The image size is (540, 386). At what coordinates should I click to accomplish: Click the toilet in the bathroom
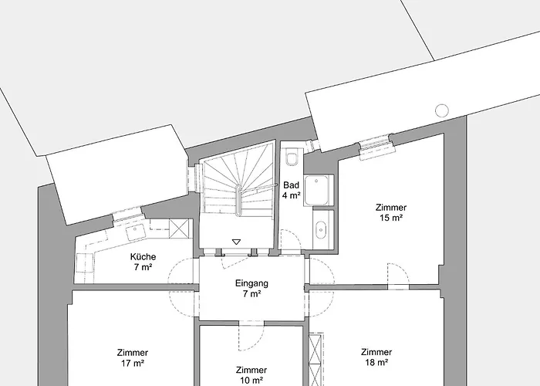point(292,160)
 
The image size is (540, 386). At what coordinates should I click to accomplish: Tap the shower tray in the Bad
point(319,191)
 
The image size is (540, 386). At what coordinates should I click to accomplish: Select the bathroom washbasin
point(322,229)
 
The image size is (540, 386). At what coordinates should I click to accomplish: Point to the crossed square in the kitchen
point(180,229)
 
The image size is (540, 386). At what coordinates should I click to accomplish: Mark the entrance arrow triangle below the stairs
point(237,242)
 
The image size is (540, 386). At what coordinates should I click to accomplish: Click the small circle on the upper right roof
point(442,109)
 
